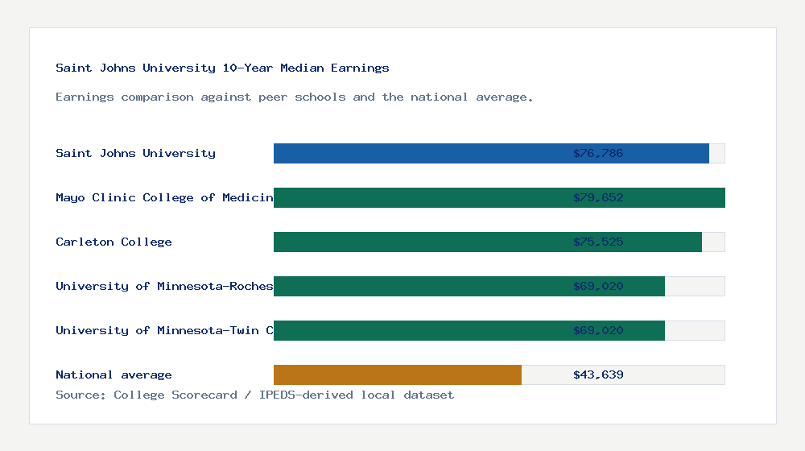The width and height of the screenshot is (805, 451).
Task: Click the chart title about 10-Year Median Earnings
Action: [222, 68]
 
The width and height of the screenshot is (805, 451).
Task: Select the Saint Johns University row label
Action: [135, 154]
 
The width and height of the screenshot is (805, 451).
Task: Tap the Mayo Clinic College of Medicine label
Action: [164, 198]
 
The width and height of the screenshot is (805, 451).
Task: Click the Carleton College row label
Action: [114, 242]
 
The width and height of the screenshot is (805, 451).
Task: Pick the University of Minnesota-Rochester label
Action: [164, 287]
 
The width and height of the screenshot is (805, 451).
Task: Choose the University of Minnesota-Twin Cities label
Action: [164, 331]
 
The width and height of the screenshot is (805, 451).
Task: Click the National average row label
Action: [114, 375]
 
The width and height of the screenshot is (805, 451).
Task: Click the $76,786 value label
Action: [598, 154]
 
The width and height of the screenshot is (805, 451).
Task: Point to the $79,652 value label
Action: [598, 198]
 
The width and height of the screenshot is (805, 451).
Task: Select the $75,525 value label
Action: [598, 242]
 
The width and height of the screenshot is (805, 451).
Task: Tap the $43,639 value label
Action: [598, 375]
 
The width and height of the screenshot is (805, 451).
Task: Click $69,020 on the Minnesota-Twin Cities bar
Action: [598, 331]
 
